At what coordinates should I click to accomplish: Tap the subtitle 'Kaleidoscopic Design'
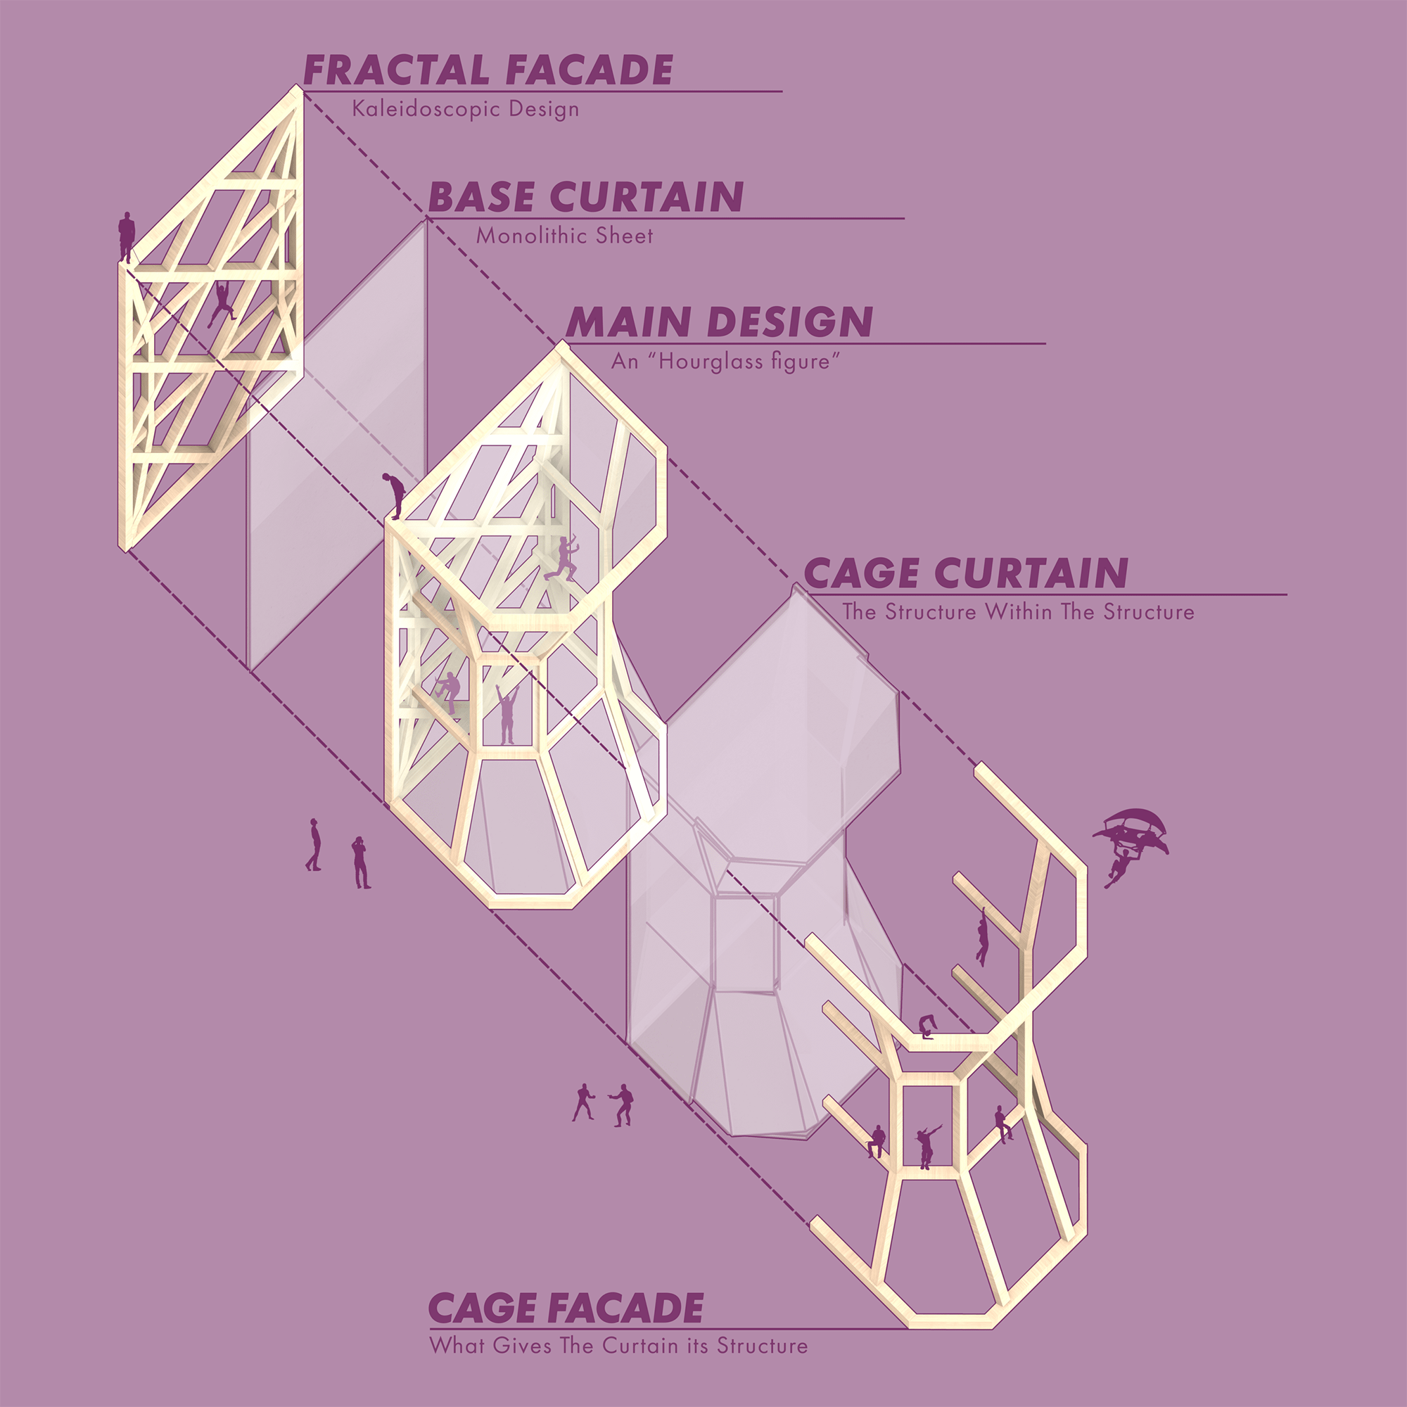tap(465, 109)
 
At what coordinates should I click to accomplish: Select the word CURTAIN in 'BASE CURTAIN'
tap(646, 198)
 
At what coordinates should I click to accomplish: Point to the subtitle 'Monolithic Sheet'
tap(564, 236)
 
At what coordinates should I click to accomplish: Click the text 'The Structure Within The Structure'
tap(1018, 612)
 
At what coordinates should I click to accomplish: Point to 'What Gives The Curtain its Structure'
tap(618, 1346)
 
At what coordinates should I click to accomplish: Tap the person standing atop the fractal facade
tap(127, 236)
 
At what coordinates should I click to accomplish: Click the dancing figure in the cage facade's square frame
tap(926, 1145)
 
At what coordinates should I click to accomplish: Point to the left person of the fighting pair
tap(582, 1102)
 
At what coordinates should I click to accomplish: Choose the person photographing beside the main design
tap(359, 862)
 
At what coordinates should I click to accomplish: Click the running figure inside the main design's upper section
tap(561, 559)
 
